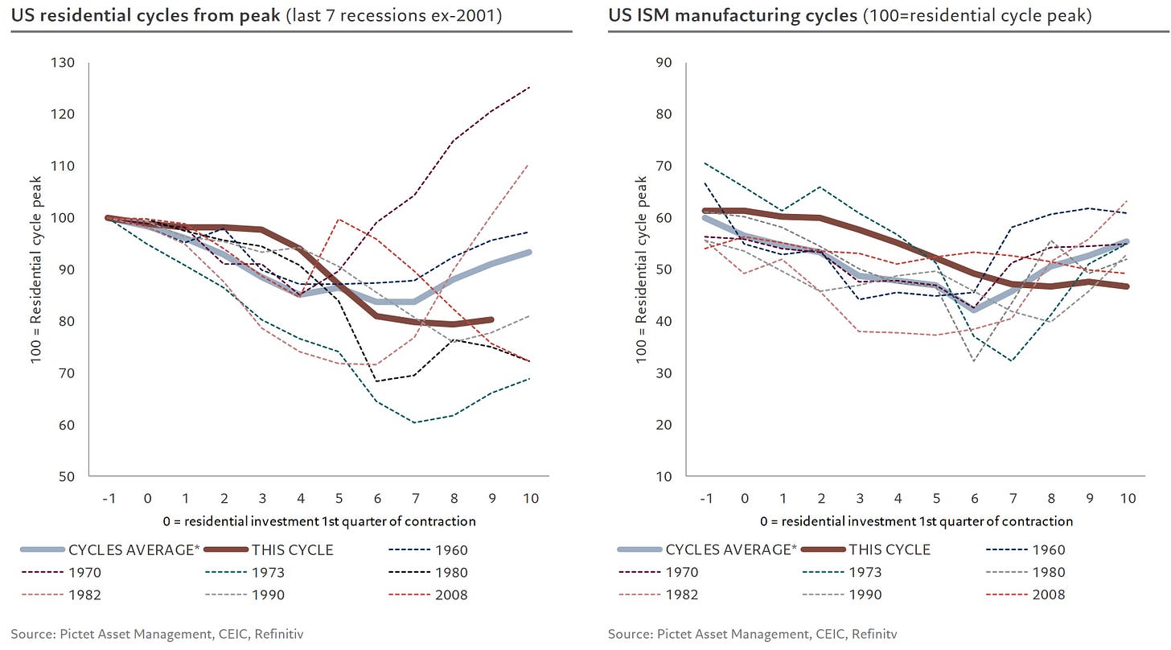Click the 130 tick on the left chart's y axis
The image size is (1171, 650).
pos(64,63)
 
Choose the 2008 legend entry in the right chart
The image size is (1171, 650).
pos(1050,595)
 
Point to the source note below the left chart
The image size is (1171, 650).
pos(158,633)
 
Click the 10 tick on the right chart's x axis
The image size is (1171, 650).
pos(1128,499)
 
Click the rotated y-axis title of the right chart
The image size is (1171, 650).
pos(642,269)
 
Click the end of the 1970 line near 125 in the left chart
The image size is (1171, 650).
pos(529,87)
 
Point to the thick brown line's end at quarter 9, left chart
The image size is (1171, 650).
pos(491,319)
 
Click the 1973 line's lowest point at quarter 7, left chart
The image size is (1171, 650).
pos(415,422)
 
